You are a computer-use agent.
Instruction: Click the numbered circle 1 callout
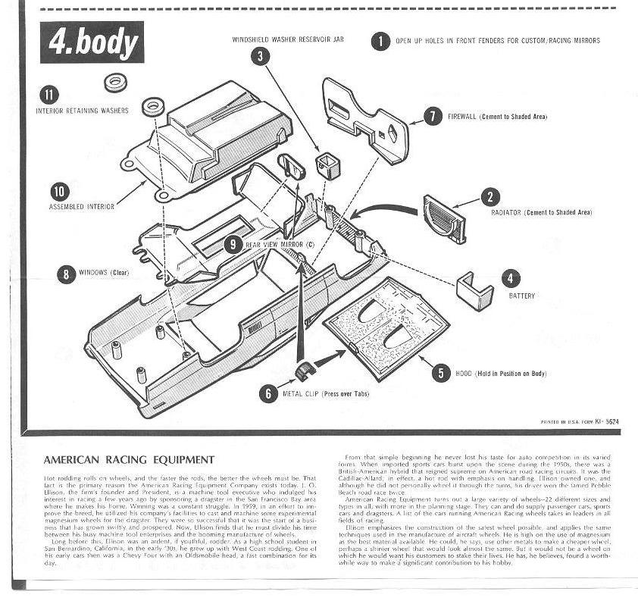(x=377, y=41)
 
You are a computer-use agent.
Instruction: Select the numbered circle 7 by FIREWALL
(x=432, y=116)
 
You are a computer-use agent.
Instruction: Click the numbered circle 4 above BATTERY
(x=510, y=278)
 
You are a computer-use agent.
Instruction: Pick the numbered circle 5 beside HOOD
(x=439, y=373)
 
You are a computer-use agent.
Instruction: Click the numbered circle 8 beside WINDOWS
(x=69, y=274)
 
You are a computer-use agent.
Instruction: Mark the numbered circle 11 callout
(x=50, y=95)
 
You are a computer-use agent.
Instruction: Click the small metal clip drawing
(x=305, y=371)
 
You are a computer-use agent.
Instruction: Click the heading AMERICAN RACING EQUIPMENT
(x=129, y=459)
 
